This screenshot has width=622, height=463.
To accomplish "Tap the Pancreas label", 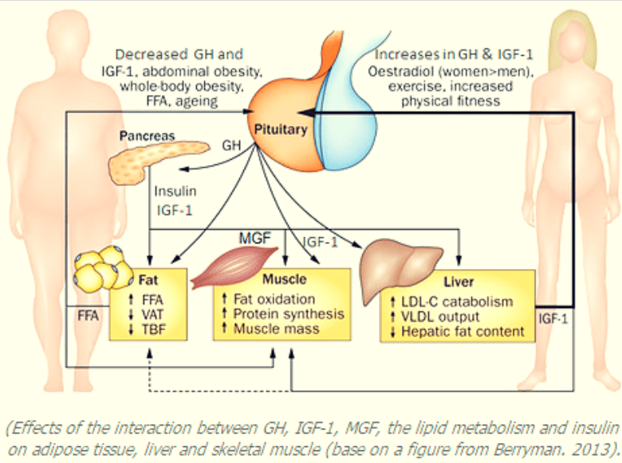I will (150, 137).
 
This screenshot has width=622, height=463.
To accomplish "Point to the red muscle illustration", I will (231, 266).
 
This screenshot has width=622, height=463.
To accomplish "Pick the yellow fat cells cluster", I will (101, 269).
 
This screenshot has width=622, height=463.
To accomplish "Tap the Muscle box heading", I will (284, 280).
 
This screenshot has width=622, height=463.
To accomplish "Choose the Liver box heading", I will (458, 283).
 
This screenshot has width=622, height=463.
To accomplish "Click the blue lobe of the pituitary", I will (343, 112).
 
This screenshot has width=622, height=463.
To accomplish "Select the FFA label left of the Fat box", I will (87, 316).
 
